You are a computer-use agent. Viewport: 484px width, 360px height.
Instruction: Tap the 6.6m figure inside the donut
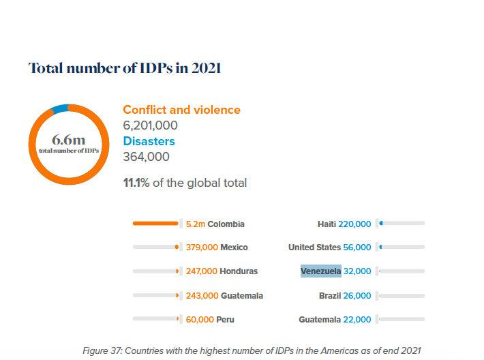(68, 141)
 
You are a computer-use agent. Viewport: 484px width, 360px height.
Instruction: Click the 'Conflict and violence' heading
(181, 110)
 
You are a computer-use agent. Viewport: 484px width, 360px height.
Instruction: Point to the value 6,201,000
(150, 125)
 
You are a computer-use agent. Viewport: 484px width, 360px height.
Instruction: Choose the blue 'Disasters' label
(149, 141)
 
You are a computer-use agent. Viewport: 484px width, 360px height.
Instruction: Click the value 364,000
(146, 157)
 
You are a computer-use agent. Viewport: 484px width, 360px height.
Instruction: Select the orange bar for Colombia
(155, 223)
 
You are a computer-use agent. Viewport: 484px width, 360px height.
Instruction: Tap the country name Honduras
(239, 271)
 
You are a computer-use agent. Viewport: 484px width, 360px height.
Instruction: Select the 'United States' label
(314, 247)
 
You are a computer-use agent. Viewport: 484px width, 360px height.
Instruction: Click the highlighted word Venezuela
(320, 271)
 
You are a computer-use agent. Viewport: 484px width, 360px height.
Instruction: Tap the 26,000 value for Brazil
(358, 296)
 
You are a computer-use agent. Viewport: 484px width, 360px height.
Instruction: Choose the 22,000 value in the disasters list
(358, 319)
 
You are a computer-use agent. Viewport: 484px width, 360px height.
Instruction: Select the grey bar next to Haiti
(403, 223)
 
